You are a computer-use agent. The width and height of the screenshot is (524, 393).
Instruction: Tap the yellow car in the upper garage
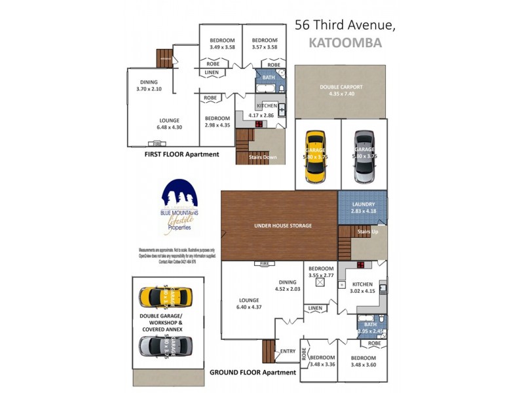coord(316,157)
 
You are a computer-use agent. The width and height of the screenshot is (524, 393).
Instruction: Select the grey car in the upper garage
coord(364,157)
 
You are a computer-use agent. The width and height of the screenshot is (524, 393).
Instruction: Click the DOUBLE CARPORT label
coord(341,87)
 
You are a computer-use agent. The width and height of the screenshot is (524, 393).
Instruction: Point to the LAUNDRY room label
coord(363,204)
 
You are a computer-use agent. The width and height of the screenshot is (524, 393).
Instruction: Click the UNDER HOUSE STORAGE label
coord(282,225)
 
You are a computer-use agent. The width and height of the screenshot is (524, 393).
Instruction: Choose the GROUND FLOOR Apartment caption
coord(252,372)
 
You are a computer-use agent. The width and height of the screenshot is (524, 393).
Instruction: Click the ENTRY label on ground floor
coord(288,350)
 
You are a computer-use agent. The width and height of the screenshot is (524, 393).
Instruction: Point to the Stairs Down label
coord(262,157)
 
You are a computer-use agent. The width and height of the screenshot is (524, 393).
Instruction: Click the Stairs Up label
coord(364,231)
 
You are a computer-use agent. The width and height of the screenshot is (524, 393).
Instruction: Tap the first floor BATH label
coord(269,77)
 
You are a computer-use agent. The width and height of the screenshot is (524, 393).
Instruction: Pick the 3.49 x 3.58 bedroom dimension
coord(221,47)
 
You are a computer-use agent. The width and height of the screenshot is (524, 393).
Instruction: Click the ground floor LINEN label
coord(316,308)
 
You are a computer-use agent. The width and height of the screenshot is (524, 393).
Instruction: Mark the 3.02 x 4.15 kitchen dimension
coord(362,291)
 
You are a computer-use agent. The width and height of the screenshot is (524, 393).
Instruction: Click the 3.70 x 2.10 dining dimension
coord(149,89)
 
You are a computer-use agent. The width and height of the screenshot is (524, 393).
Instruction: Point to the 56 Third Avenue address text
coord(345,25)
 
